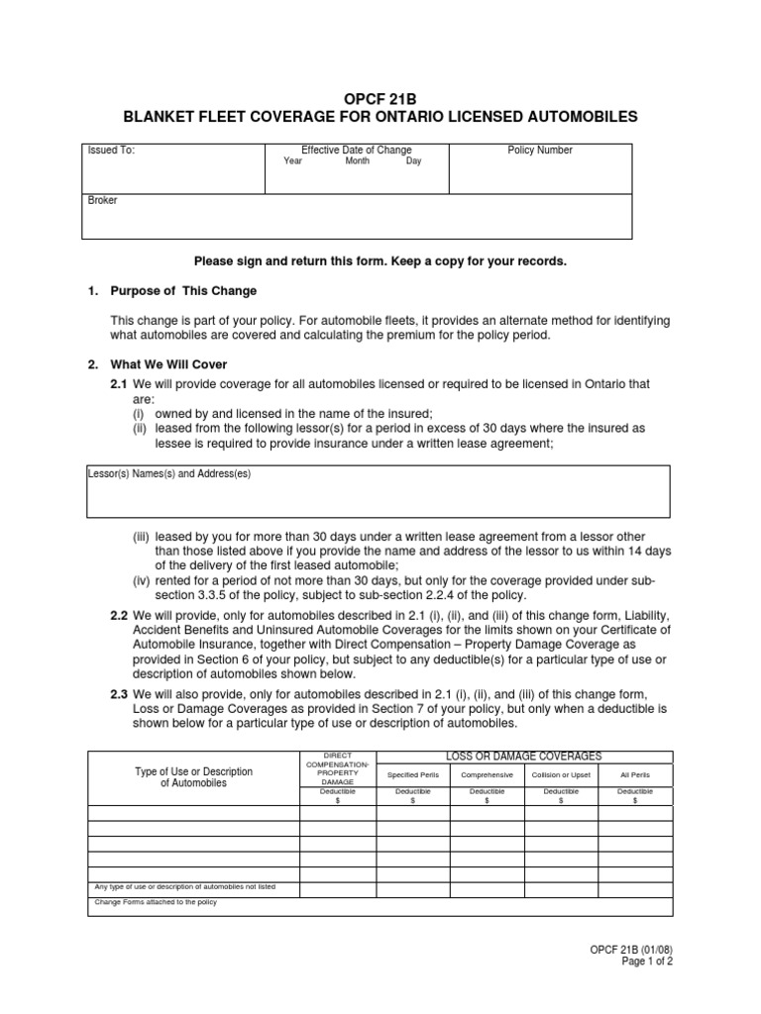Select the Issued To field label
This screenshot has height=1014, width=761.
coord(111,151)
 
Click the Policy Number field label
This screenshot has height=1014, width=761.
coord(540,151)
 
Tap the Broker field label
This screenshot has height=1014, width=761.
coord(102,200)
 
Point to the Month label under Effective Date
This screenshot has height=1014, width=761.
coord(357,161)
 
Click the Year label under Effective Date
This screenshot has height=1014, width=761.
coord(292,161)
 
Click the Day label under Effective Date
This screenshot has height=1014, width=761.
coord(413,161)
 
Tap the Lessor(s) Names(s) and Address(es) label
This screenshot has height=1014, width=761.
coord(169,474)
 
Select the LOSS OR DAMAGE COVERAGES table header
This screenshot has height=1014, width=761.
coord(523,757)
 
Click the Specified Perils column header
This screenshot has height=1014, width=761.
coord(412,775)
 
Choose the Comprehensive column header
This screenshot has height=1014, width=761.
coord(487,775)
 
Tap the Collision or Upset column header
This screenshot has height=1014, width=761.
coord(561,775)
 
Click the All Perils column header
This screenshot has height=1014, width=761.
coord(634,775)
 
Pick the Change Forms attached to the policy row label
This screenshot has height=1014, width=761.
coord(156,902)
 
